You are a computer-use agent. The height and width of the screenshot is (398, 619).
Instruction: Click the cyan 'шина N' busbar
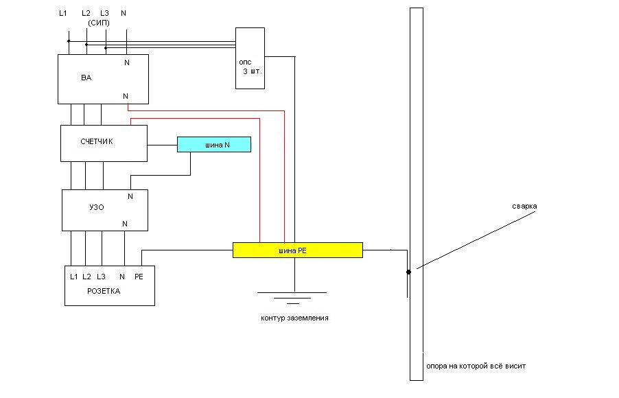pyautogui.click(x=214, y=145)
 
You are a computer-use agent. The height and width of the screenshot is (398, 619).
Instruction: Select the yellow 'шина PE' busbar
pyautogui.click(x=297, y=250)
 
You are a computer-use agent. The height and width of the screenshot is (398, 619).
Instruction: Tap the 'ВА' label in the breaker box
pyautogui.click(x=86, y=78)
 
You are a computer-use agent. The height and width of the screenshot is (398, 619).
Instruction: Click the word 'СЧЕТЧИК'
pyautogui.click(x=96, y=141)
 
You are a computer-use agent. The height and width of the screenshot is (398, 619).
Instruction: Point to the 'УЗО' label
pyautogui.click(x=97, y=207)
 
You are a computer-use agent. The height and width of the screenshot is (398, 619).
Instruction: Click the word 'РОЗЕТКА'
pyautogui.click(x=104, y=291)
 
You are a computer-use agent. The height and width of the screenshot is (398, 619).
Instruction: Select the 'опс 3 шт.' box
pyautogui.click(x=250, y=58)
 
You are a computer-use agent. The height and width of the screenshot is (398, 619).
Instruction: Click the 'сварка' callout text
pyautogui.click(x=524, y=206)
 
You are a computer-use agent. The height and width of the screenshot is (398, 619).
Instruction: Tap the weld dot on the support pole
pyautogui.click(x=409, y=272)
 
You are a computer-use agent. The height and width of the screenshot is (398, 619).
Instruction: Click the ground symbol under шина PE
pyautogui.click(x=292, y=297)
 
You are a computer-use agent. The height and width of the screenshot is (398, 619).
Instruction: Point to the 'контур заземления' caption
pyautogui.click(x=294, y=318)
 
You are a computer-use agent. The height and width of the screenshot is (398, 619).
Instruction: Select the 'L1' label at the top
pyautogui.click(x=63, y=13)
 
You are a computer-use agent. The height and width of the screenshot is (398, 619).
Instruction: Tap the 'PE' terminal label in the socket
pyautogui.click(x=139, y=277)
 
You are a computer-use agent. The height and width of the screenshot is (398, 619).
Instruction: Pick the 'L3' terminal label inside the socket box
pyautogui.click(x=101, y=277)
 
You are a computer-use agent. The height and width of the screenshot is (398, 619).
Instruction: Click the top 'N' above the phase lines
pyautogui.click(x=123, y=13)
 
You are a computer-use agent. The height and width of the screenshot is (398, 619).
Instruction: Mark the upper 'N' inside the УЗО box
pyautogui.click(x=130, y=196)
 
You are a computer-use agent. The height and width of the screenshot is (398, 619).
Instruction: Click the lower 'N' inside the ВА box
pyautogui.click(x=126, y=96)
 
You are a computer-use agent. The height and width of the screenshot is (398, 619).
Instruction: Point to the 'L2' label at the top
pyautogui.click(x=86, y=13)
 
